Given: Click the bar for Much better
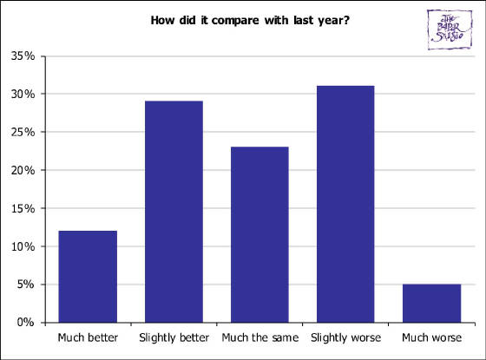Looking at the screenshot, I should coord(88,276).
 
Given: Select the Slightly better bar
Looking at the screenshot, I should coord(174,212).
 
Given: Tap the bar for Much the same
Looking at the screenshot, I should coord(259,234).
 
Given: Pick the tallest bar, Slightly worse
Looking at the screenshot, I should coord(345,204).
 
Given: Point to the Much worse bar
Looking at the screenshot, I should coord(431,303).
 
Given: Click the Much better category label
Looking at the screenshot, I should coord(88,337).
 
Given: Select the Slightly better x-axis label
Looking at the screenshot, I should coord(174,337).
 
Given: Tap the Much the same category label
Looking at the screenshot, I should coord(259,337).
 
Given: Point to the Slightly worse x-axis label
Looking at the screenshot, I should coord(345,337).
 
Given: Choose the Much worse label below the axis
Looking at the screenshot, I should coord(431,337).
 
